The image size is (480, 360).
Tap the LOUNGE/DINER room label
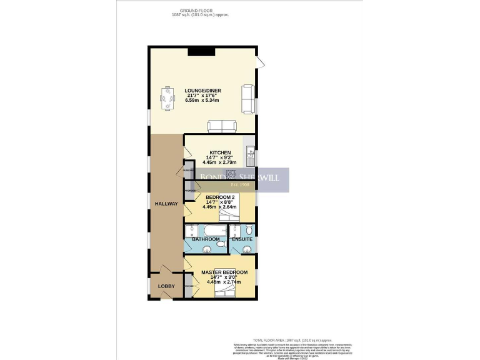pos(202,91)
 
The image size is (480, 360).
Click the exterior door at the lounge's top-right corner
pos(261,61)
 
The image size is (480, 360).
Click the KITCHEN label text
pos(220,153)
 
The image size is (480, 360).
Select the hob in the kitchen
pos(231,174)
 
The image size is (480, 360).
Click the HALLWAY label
pos(167,204)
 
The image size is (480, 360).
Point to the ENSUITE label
pos(242,239)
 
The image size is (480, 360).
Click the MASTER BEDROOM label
pos(224,273)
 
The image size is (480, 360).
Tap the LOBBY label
pos(166,287)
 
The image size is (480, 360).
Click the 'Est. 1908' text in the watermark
pos(241,184)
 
